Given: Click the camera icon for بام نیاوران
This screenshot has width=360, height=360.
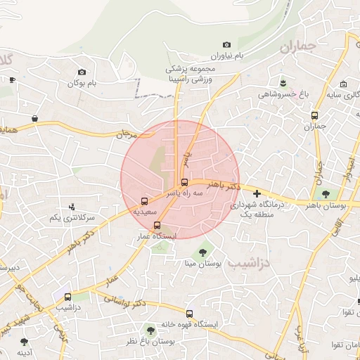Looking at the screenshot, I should click(226, 45).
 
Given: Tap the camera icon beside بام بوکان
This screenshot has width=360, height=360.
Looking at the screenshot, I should click(82, 72).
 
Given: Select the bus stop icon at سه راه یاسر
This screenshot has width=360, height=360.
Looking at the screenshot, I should click(185, 182).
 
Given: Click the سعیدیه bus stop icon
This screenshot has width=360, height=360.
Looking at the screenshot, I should click(144, 200).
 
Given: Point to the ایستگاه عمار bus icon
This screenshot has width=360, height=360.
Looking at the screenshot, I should click(156, 226).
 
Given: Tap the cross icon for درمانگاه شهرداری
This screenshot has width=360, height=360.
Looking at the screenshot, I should click(257, 193).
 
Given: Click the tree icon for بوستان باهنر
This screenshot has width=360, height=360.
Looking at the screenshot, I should click(326, 193).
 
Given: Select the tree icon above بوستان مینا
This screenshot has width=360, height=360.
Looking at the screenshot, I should click(203, 252).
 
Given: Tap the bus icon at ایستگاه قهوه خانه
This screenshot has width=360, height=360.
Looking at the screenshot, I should click(189, 313).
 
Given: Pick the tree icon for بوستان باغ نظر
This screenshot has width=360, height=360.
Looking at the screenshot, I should click(150, 330).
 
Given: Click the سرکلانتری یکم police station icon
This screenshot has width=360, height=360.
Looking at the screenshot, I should click(71, 207).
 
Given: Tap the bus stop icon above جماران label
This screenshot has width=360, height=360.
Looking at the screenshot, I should click(314, 115).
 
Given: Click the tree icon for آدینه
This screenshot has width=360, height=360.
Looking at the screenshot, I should click(24, 342).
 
